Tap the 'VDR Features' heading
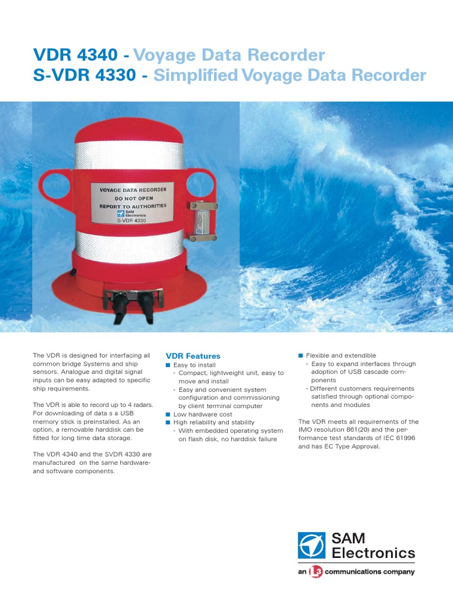pos(193,356)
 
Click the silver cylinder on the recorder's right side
pos(203,221)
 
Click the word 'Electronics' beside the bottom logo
pos(373,553)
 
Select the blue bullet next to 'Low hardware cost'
pos(168,415)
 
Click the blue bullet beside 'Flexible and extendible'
pos(300,356)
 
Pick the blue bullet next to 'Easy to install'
pos(168,365)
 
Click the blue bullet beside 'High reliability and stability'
pos(168,422)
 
